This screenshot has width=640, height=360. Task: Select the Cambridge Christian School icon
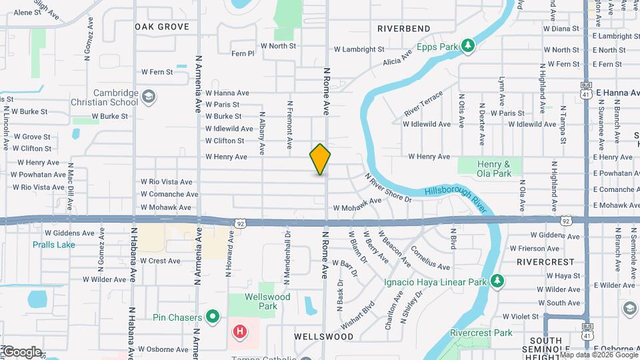[149, 98]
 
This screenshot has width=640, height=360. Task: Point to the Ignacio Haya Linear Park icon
[497, 280]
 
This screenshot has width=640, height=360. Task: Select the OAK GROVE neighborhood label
[161, 27]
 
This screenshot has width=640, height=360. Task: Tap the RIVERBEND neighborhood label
[403, 29]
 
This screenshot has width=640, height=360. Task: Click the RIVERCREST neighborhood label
[545, 262]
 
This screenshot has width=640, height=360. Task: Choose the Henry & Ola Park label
[493, 169]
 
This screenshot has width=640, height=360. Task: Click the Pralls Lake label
[54, 245]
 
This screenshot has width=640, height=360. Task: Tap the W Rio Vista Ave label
[166, 181]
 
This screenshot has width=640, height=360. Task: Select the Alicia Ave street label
[398, 58]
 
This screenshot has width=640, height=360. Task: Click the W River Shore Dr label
[388, 188]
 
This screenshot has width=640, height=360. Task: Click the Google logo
[21, 351]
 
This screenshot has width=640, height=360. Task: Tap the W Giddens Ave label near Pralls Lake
[69, 233]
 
